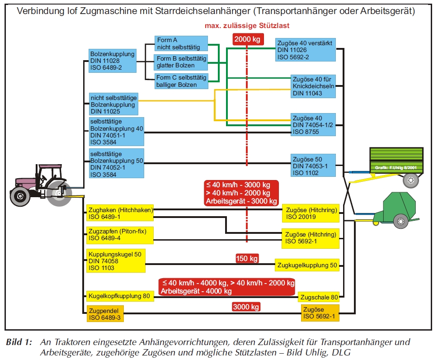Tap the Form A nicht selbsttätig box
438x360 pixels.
pyautogui.click(x=181, y=43)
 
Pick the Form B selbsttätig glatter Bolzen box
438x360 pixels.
pyautogui.click(x=181, y=62)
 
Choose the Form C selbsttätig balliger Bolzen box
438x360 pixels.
pyautogui.click(x=181, y=81)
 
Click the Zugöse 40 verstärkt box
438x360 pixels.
pyautogui.click(x=306, y=50)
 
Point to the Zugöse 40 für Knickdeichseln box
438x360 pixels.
pyautogui.click(x=313, y=86)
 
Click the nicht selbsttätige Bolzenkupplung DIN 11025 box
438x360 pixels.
pyautogui.click(x=113, y=104)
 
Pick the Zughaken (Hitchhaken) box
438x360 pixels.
pyautogui.click(x=120, y=213)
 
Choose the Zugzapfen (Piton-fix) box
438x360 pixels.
pyautogui.click(x=120, y=235)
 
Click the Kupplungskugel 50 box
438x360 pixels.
pyautogui.click(x=116, y=261)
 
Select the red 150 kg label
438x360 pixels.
pyautogui.click(x=247, y=259)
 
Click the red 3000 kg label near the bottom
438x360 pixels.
pyautogui.click(x=246, y=307)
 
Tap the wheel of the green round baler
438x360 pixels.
pyautogui.click(x=400, y=221)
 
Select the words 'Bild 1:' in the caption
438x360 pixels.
pyautogui.click(x=19, y=342)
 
